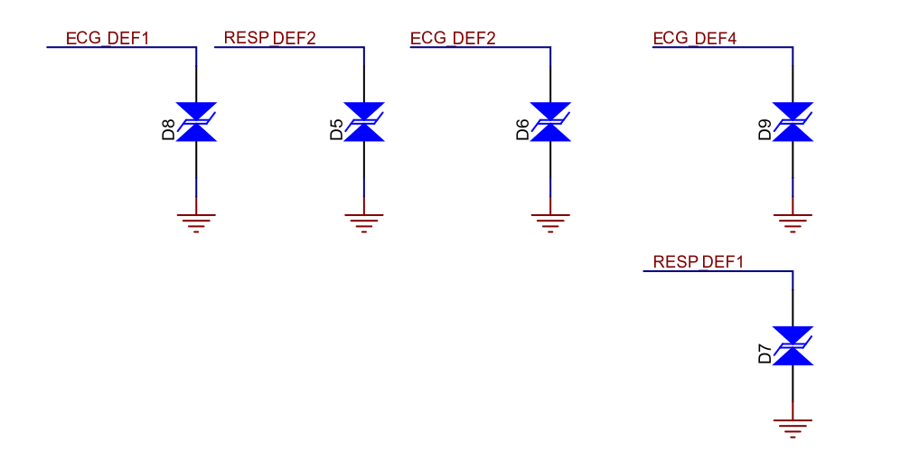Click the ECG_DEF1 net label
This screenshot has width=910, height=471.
(x=108, y=38)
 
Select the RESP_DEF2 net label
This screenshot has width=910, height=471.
(x=269, y=38)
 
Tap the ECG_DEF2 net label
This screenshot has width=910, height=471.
(x=453, y=38)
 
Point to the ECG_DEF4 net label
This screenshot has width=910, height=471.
(x=694, y=38)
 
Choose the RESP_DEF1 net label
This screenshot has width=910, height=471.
(x=698, y=262)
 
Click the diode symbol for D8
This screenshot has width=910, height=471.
(x=196, y=122)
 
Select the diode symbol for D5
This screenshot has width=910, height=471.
(x=364, y=122)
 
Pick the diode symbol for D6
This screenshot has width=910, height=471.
(x=550, y=122)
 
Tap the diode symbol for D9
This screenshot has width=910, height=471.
(x=793, y=122)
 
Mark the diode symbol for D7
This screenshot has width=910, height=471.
(x=793, y=346)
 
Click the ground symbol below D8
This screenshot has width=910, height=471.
(x=196, y=221)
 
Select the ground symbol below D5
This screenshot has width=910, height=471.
(x=364, y=221)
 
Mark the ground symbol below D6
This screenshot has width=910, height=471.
(x=550, y=221)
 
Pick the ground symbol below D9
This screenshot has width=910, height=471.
(x=793, y=221)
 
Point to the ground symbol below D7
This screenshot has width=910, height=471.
(x=793, y=428)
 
